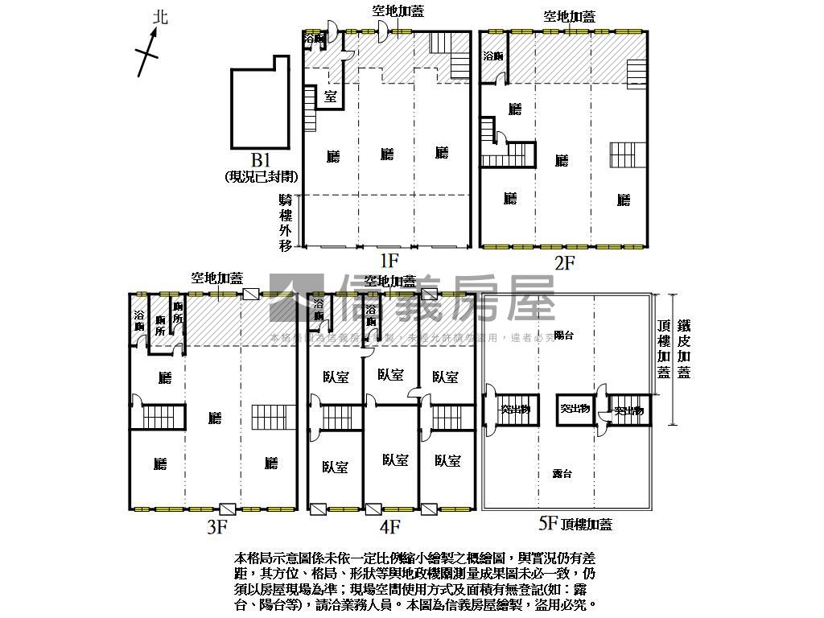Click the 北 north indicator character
tap(161, 16)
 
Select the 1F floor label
tap(389, 260)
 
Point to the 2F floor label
tap(566, 262)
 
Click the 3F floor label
tap(217, 527)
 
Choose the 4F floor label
tap(390, 527)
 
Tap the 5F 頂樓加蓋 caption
tap(575, 525)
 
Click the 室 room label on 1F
tap(330, 97)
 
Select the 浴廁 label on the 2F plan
tap(493, 56)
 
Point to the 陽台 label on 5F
tap(563, 336)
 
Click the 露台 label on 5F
tap(563, 474)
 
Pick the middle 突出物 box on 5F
tap(575, 410)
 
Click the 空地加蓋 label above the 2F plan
tap(570, 16)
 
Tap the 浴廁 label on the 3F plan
tap(139, 321)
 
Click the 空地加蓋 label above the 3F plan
tap(216, 278)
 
